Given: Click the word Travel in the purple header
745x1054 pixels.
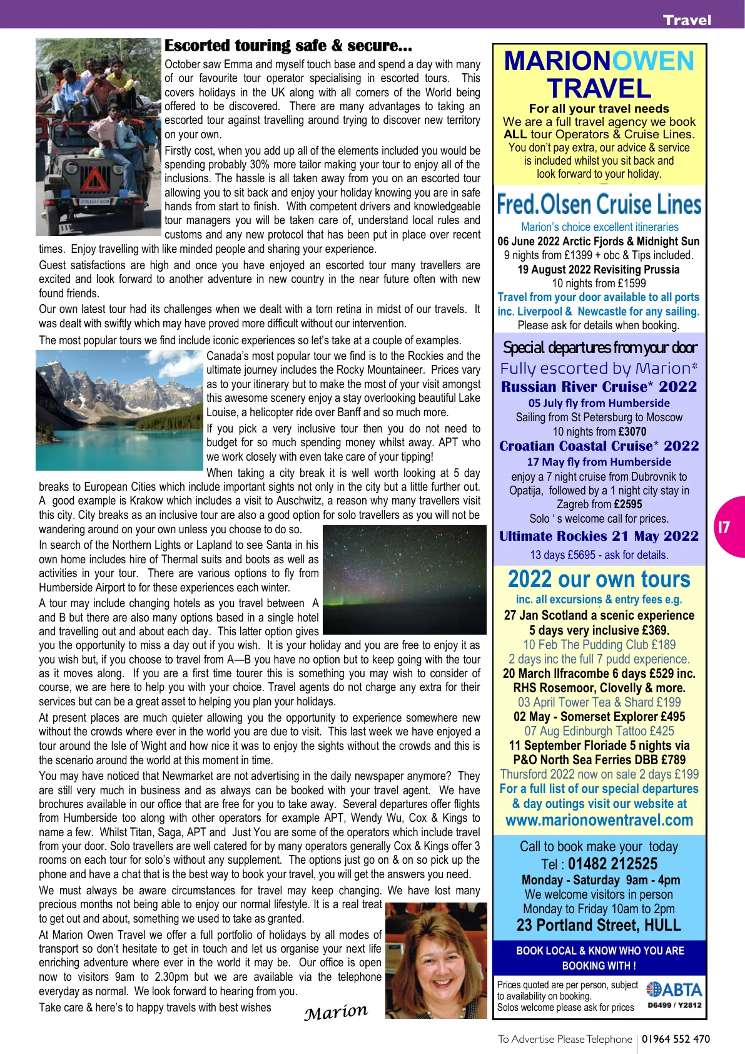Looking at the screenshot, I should [687, 20].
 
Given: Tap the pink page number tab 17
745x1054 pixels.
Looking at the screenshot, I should [725, 527].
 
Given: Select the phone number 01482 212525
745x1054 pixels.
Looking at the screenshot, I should [612, 864].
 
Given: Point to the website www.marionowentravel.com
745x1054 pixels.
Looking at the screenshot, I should [599, 820].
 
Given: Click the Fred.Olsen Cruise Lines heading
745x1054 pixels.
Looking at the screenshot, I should [599, 205].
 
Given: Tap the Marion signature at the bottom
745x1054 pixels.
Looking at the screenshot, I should [336, 1011].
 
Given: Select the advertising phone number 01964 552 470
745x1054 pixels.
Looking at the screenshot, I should [676, 1039].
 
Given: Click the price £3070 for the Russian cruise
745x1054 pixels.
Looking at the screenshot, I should [632, 431].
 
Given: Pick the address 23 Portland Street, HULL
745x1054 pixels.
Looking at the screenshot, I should [599, 925].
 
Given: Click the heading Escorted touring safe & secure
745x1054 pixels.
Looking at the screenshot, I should [288, 46].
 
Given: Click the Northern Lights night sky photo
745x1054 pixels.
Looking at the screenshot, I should [404, 579].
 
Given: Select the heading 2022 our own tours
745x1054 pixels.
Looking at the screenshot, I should [599, 579].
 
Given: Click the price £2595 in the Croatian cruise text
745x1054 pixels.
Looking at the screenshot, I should [627, 504].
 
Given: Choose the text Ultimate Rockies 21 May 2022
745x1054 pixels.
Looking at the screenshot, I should [599, 536].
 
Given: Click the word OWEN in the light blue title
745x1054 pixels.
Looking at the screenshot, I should [652, 61].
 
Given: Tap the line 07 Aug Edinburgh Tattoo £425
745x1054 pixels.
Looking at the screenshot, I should [599, 731].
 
